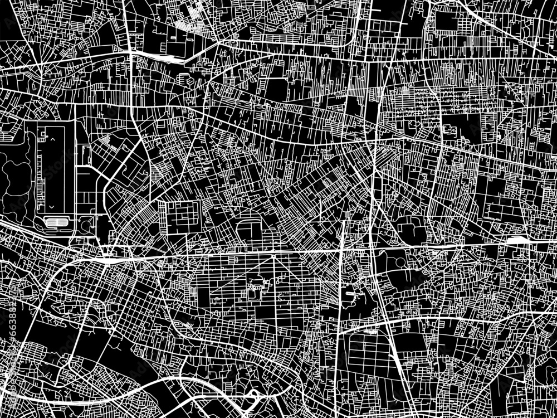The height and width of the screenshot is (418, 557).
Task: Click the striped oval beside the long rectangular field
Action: pos(57,222)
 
